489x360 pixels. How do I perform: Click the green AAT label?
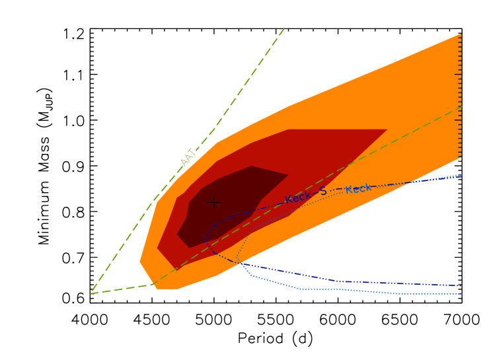pyautogui.click(x=188, y=157)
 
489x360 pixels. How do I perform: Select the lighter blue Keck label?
pyautogui.click(x=358, y=189)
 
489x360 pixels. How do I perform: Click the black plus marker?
pyautogui.click(x=214, y=202)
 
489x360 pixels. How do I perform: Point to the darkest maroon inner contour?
pyautogui.click(x=225, y=205)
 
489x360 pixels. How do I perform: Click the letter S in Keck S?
pyautogui.click(x=322, y=192)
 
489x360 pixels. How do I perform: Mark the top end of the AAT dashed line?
pyautogui.click(x=284, y=28)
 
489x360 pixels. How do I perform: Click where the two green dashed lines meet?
pyautogui.click(x=91, y=293)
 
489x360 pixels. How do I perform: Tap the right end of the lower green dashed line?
pyautogui.click(x=461, y=107)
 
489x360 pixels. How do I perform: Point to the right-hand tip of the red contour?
pyautogui.click(x=387, y=129)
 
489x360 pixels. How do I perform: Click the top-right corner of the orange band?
pyautogui.click(x=460, y=34)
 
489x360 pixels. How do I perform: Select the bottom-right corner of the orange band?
pyautogui.click(x=460, y=157)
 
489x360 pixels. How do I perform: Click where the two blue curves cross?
pyautogui.click(x=240, y=264)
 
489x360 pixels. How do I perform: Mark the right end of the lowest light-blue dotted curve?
pyautogui.click(x=461, y=294)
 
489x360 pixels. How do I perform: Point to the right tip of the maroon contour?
pyautogui.click(x=288, y=174)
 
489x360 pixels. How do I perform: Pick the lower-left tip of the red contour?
pyautogui.click(x=175, y=270)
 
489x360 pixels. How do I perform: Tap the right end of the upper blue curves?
pyautogui.click(x=461, y=176)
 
